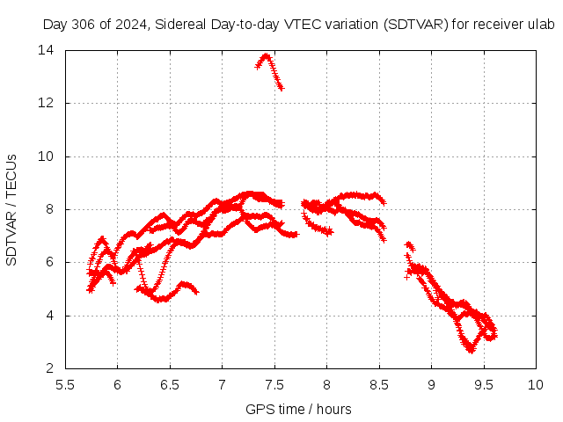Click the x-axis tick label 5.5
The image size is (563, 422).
coord(64,384)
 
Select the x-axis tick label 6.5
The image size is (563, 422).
coord(169,384)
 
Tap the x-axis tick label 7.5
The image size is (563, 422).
coord(274,384)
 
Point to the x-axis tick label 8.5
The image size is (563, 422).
coord(378,384)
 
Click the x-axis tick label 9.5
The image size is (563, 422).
coord(483,384)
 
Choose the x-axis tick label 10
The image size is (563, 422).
coord(536,384)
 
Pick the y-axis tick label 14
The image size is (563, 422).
coord(45,50)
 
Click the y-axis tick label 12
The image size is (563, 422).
coord(45,103)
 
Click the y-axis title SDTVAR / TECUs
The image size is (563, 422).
coord(11,209)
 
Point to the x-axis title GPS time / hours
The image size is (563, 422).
coord(299,409)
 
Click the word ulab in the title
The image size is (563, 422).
coord(540,25)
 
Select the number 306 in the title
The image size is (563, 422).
coord(80,25)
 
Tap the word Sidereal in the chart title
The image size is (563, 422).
coord(180,25)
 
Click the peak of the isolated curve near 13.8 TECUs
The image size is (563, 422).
coord(265,56)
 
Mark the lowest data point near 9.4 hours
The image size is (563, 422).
coord(472,350)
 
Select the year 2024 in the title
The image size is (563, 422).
coord(129,25)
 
